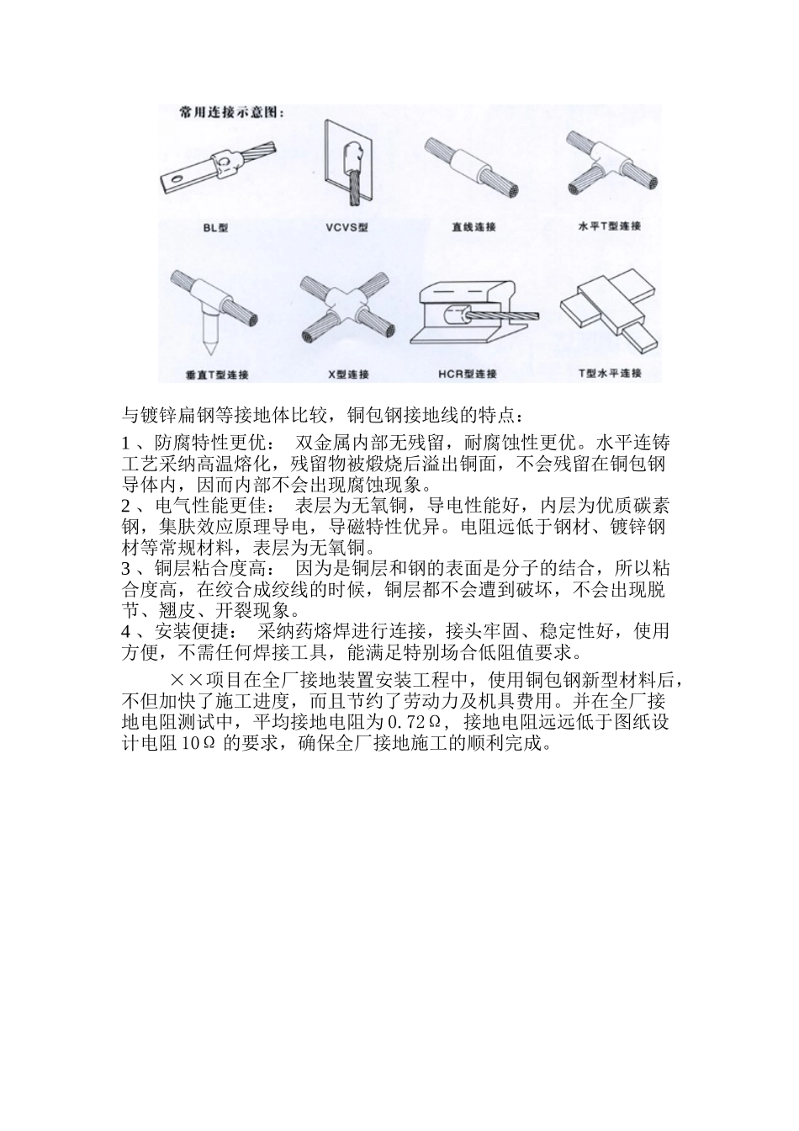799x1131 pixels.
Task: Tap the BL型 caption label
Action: [215, 228]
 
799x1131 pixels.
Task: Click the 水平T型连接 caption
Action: [611, 226]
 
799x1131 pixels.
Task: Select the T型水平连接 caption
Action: [610, 373]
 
